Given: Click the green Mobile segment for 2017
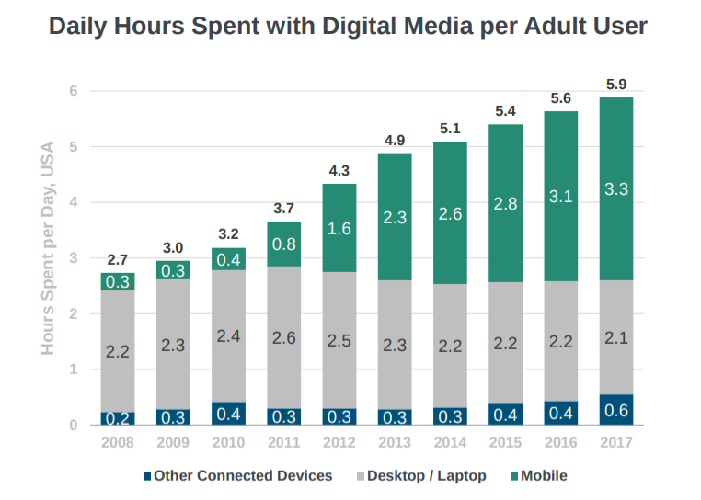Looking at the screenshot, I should click(x=615, y=188).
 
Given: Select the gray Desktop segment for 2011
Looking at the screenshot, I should click(x=283, y=337).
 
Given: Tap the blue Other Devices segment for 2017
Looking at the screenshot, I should click(x=615, y=410).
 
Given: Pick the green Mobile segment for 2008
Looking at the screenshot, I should click(x=118, y=282).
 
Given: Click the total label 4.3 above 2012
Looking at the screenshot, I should click(x=339, y=170).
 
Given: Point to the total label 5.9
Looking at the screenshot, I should click(x=616, y=85).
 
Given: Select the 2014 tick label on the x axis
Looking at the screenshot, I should click(x=450, y=442).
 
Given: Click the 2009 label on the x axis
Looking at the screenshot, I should click(x=173, y=442).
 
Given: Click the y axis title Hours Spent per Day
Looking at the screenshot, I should click(x=48, y=248).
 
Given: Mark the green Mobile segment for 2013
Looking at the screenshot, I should click(x=395, y=217).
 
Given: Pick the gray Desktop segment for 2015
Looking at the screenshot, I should click(x=505, y=343).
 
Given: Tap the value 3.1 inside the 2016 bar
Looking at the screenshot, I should click(x=560, y=196).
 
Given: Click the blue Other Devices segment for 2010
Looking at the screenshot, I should click(x=228, y=414).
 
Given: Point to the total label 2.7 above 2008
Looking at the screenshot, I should click(x=118, y=260).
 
